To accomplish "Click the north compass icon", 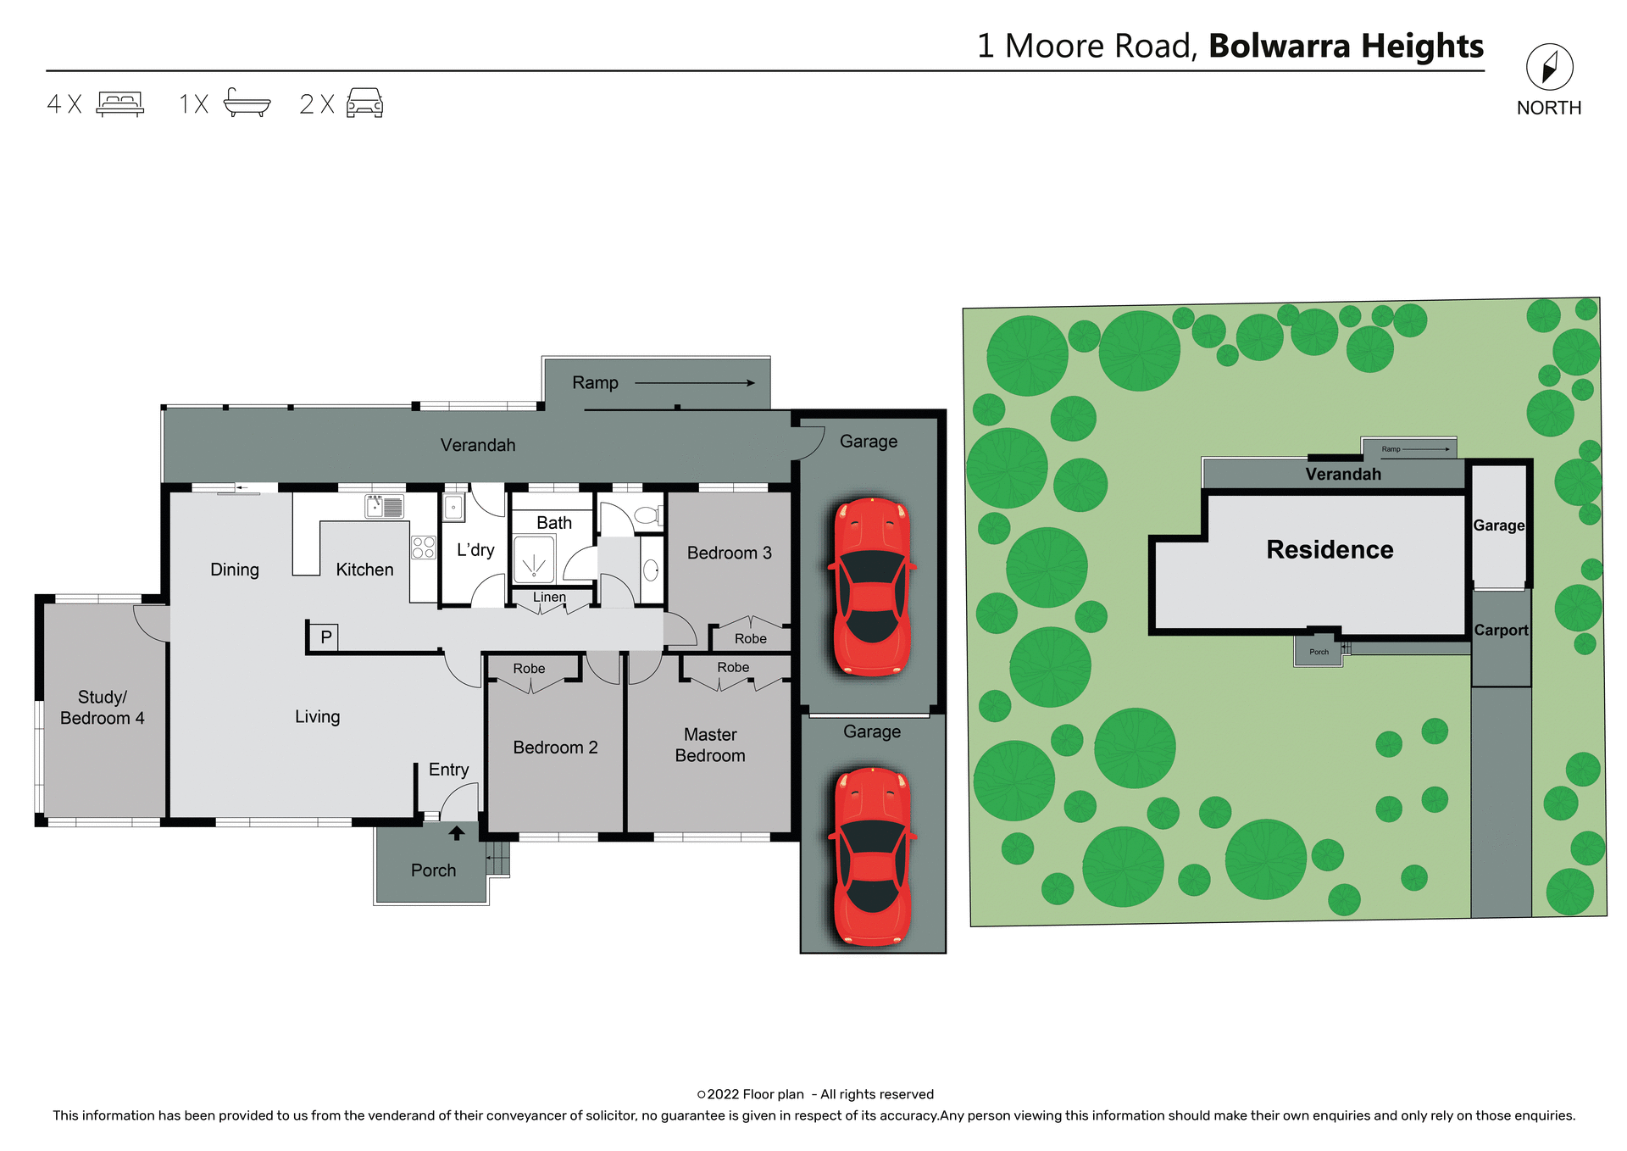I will (1549, 67).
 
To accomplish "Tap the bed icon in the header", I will (119, 103).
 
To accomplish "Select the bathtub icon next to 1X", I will (247, 103).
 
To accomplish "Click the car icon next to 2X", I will (364, 103).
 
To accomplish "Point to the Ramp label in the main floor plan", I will (595, 383).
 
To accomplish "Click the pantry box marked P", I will (325, 637).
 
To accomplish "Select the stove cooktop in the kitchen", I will (424, 548).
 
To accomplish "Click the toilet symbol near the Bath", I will (647, 514).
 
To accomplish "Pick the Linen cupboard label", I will (549, 597).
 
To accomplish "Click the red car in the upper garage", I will (872, 587).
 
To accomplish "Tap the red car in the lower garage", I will (873, 856).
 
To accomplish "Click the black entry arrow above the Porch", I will (457, 833).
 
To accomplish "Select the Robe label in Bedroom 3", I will (750, 639).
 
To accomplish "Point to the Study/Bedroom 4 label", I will (103, 708).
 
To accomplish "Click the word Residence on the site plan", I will (1330, 549).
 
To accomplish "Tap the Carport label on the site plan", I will (1500, 630).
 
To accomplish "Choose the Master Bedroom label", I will (710, 745).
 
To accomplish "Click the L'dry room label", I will (475, 549).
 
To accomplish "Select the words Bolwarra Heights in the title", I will (1346, 46).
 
